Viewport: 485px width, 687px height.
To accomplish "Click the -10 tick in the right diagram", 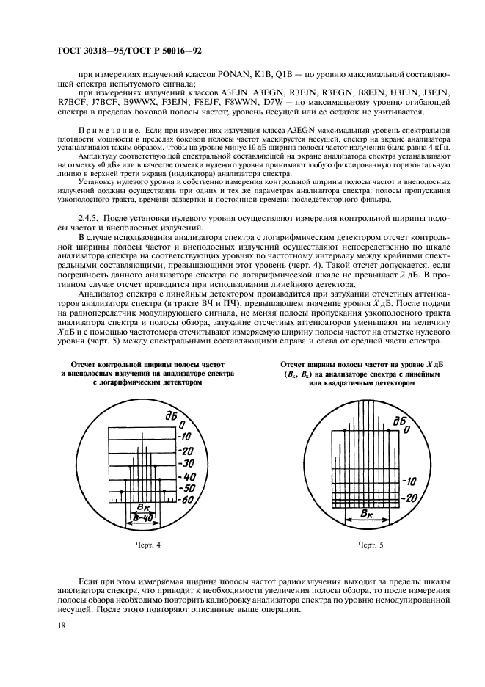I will (x=411, y=482).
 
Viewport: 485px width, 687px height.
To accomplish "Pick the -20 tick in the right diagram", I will (x=412, y=498).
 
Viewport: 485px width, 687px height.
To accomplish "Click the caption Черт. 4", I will (x=147, y=545).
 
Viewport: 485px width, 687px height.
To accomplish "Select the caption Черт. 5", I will (x=371, y=545).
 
